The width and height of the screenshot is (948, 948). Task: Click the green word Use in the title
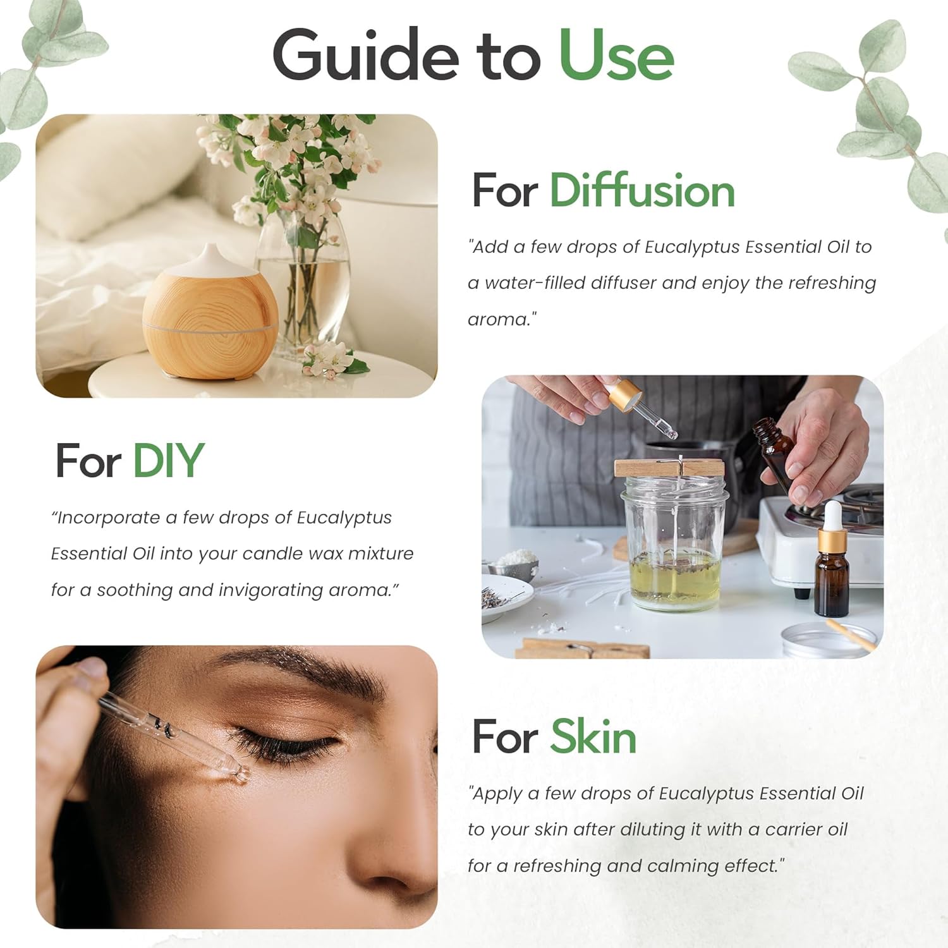coord(616,56)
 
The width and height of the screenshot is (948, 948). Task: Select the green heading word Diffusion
coord(642,190)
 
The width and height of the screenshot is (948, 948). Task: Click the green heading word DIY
coord(168,460)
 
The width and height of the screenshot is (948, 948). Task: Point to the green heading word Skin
coord(593,737)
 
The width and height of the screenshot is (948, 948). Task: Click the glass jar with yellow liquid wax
coord(674,544)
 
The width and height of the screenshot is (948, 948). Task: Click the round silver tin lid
coord(828,640)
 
